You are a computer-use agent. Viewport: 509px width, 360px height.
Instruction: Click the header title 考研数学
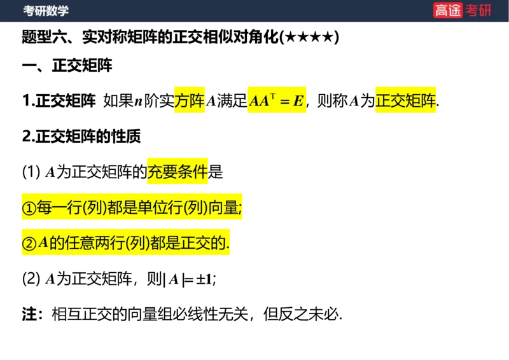[46, 11]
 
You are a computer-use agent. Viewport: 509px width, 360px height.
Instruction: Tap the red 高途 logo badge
[448, 11]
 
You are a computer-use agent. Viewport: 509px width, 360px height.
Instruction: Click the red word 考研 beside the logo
[478, 11]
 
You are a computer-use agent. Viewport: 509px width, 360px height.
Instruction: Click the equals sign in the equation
[285, 102]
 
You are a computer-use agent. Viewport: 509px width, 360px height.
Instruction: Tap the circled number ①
[30, 208]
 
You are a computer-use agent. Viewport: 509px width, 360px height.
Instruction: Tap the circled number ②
[30, 244]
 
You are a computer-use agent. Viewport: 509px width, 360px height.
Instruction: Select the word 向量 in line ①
[223, 208]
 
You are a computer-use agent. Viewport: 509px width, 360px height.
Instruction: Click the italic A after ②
[43, 243]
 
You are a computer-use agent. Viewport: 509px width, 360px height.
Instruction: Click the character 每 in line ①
[45, 208]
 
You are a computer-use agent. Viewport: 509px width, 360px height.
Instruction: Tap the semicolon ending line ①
[241, 209]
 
